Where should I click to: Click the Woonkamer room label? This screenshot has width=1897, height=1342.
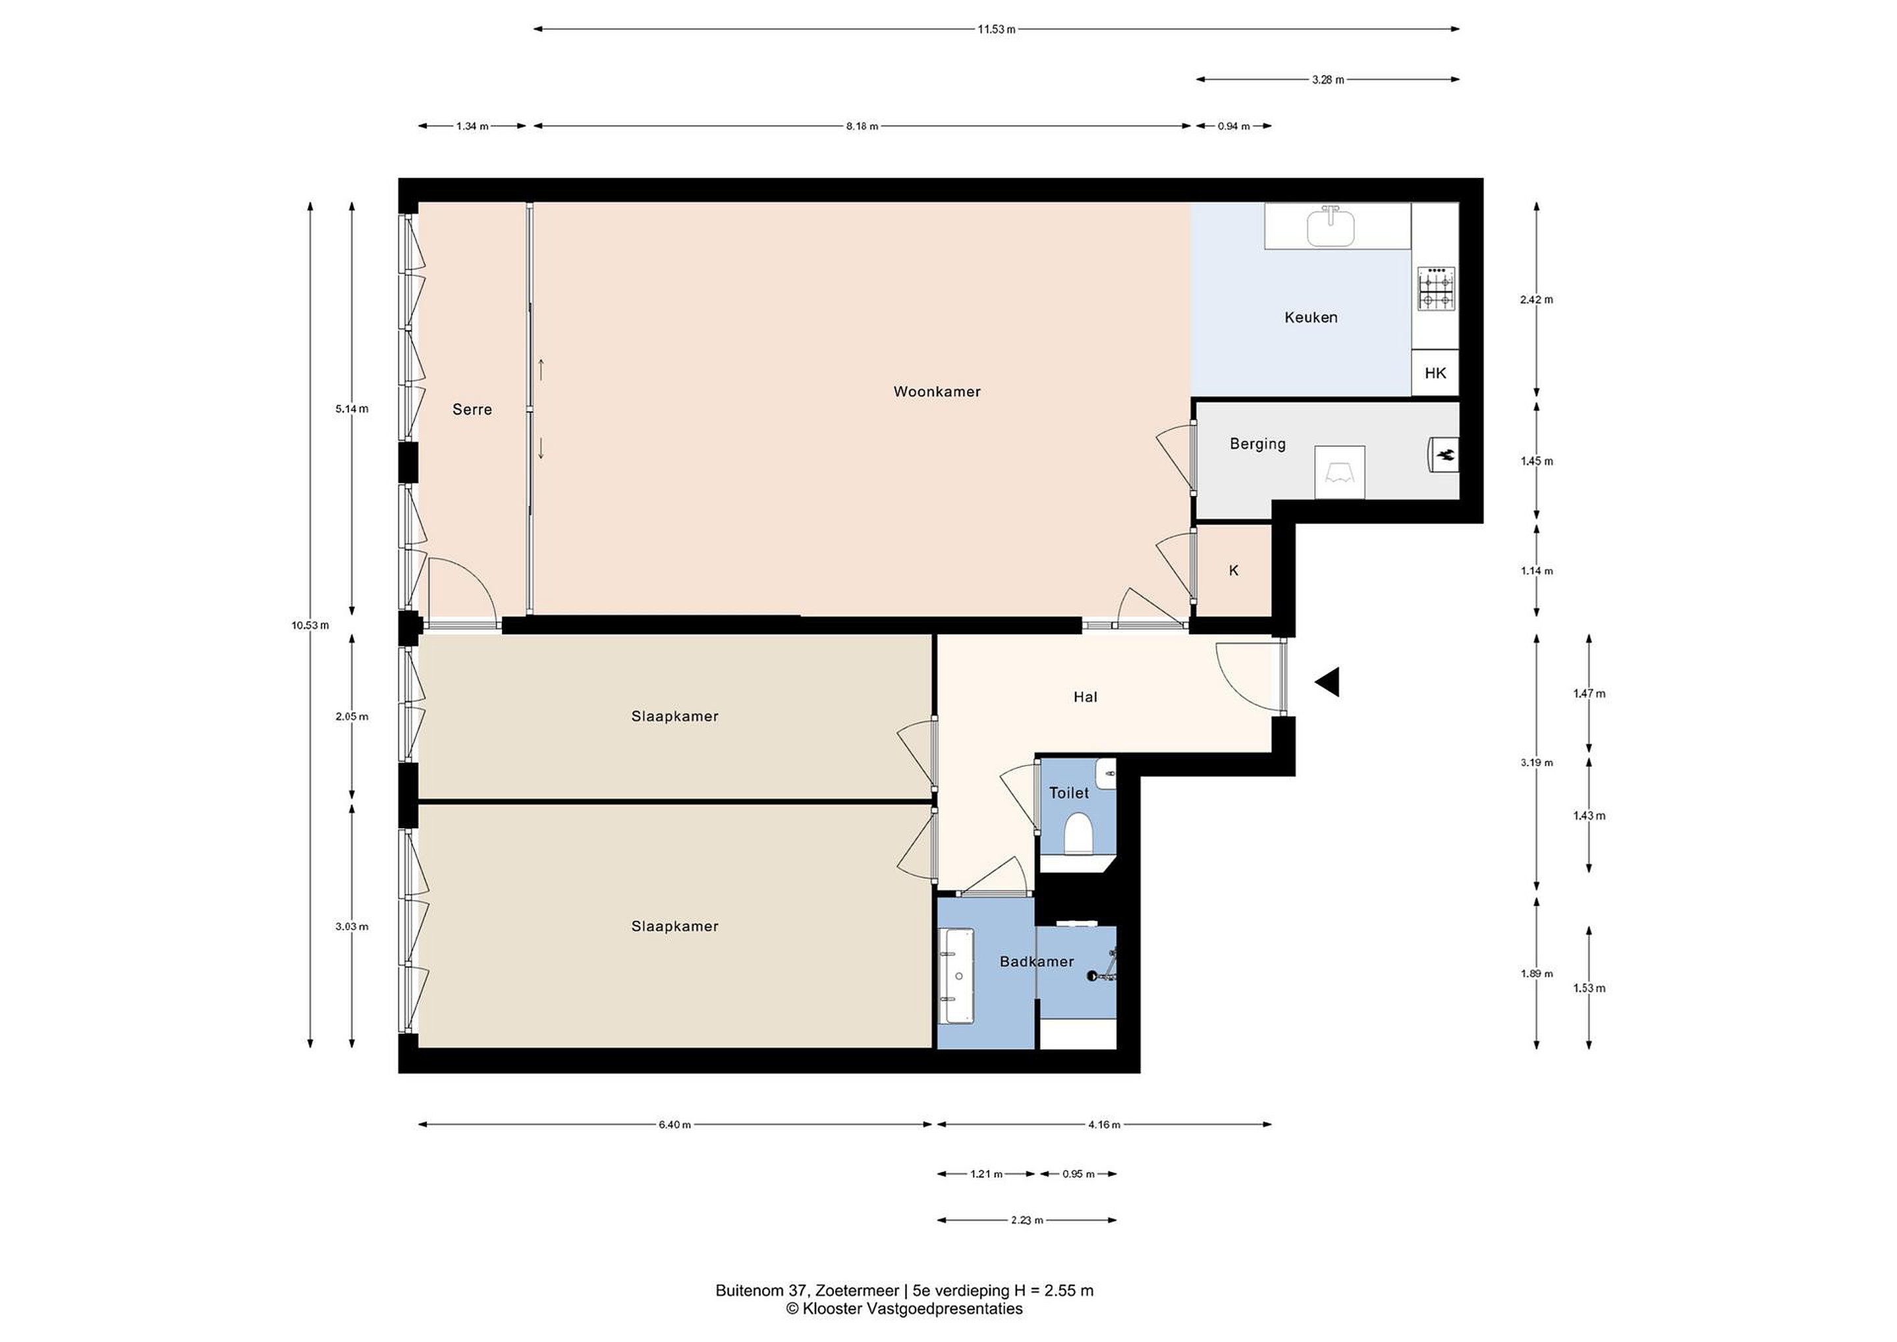(x=937, y=392)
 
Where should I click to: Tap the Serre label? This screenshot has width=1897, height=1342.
(x=472, y=409)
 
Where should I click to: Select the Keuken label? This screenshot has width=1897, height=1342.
(x=1310, y=318)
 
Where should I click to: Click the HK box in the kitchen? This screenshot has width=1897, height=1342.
(x=1435, y=373)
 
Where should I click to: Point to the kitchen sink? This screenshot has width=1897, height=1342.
(x=1331, y=228)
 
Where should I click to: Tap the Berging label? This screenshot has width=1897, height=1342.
(x=1257, y=444)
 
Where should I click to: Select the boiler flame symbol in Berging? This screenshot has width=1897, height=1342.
(x=1445, y=455)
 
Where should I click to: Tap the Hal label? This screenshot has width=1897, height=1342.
(x=1085, y=696)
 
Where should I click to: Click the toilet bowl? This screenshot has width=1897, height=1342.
(x=1078, y=832)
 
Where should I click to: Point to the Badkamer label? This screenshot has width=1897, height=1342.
(x=1036, y=961)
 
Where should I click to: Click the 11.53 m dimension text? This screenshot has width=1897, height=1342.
(x=997, y=30)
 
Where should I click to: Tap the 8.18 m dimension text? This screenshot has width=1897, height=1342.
(x=862, y=126)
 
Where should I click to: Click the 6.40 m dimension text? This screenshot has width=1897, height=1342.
(x=674, y=1125)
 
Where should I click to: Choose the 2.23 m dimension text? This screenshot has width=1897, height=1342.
(x=1027, y=1219)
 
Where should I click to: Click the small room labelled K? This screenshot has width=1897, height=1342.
(x=1234, y=570)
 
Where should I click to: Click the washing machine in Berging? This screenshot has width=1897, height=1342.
(x=1339, y=472)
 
